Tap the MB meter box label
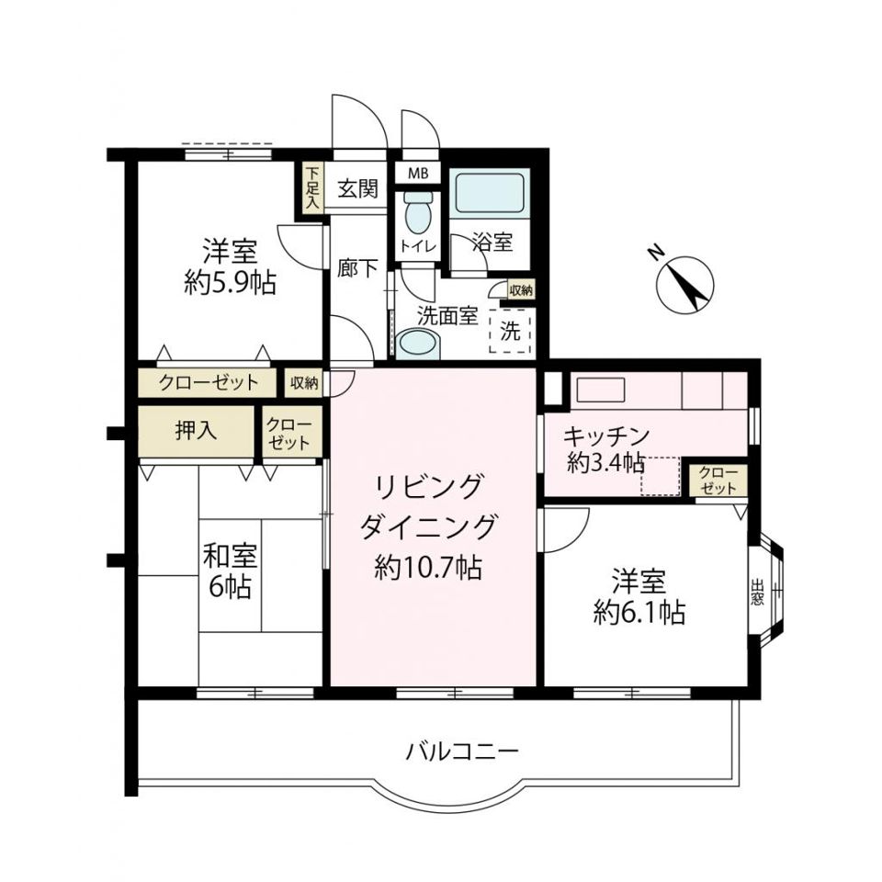point(418,173)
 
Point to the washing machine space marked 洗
point(511,332)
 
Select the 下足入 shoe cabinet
point(312,188)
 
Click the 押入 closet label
point(196,431)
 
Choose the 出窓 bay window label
point(757,590)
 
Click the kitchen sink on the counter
point(594,390)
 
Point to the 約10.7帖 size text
point(428,568)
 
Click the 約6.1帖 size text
point(639,611)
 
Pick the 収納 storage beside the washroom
point(520,290)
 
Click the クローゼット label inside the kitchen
point(718,480)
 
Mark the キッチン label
point(606,435)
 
